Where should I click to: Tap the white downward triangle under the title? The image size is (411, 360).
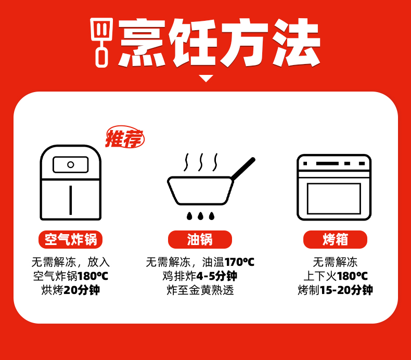pos(206,79)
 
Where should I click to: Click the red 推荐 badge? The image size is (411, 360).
pos(124,138)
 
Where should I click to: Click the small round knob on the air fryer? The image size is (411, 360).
pos(70,165)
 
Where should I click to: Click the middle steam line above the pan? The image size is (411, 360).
pos(200,162)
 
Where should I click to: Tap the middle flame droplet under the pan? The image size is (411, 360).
pos(200,216)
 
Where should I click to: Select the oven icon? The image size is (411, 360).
pos(334,187)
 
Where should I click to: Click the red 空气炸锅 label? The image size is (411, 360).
pos(71,239)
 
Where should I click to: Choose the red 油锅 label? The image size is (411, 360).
pos(200,239)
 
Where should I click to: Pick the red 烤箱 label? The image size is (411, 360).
pos(335,239)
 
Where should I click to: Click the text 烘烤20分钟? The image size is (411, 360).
pos(71,290)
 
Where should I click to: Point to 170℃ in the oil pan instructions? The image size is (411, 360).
pos(239,262)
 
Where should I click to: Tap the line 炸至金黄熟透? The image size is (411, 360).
pos(200,290)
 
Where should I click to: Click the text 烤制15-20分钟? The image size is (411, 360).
pos(335,290)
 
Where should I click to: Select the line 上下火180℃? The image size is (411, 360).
pos(335,276)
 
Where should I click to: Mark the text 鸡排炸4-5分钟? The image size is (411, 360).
pos(200,276)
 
